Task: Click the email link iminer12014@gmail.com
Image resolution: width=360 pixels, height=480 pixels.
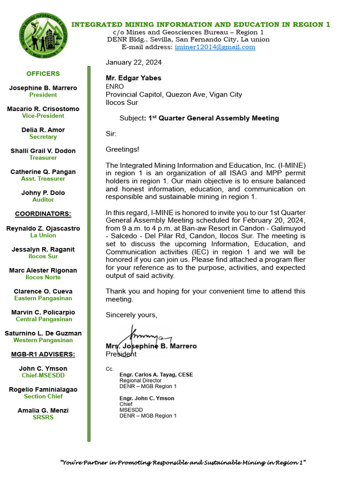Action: pyautogui.click(x=215, y=47)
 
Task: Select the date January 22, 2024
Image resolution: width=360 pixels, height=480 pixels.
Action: pyautogui.click(x=134, y=62)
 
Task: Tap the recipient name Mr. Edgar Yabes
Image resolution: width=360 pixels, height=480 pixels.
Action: pyautogui.click(x=134, y=78)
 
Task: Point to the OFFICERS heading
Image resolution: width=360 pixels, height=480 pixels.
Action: pyautogui.click(x=43, y=74)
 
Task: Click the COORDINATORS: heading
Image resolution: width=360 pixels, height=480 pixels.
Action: pyautogui.click(x=43, y=214)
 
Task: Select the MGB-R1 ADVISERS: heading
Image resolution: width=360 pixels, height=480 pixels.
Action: pyautogui.click(x=43, y=354)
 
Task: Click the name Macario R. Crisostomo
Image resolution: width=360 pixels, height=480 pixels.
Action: pyautogui.click(x=43, y=109)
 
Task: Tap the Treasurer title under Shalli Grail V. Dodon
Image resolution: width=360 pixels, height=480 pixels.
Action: pyautogui.click(x=43, y=158)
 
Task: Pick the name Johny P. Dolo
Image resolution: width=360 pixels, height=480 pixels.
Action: pyautogui.click(x=43, y=193)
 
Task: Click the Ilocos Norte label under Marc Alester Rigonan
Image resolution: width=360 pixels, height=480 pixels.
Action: pyautogui.click(x=43, y=277)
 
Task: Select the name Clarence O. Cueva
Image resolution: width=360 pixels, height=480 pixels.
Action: pyautogui.click(x=43, y=291)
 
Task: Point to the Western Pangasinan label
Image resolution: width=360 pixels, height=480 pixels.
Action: pyautogui.click(x=43, y=340)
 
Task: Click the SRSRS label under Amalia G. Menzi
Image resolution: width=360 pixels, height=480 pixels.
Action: pyautogui.click(x=43, y=417)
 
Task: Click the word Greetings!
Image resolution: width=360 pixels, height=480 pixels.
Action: pyautogui.click(x=122, y=150)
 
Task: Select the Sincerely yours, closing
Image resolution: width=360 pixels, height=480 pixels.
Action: pyautogui.click(x=132, y=315)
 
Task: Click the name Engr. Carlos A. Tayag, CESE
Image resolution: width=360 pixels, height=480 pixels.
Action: pyautogui.click(x=156, y=375)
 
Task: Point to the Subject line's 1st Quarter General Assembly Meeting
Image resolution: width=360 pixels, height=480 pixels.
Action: pyautogui.click(x=213, y=118)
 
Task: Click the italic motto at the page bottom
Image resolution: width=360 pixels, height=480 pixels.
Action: pyautogui.click(x=183, y=463)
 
